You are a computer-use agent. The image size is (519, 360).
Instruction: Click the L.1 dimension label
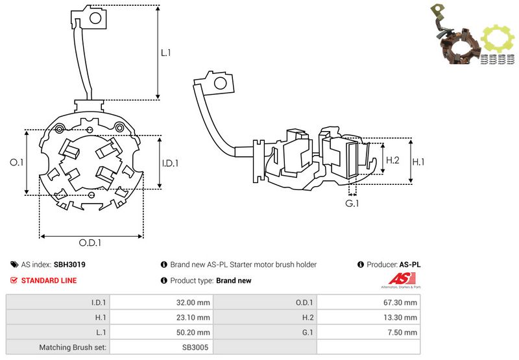(x=166, y=53)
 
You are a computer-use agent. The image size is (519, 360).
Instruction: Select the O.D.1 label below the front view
(x=91, y=243)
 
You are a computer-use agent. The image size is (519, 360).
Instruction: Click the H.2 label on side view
(x=392, y=160)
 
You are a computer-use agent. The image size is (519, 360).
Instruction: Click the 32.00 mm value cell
(x=194, y=302)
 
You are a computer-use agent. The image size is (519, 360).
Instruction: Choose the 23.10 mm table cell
(x=194, y=317)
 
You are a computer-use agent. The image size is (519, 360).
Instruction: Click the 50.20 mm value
(x=194, y=332)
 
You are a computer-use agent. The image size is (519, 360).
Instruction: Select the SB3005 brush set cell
(x=197, y=347)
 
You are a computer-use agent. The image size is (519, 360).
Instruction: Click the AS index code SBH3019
(x=70, y=265)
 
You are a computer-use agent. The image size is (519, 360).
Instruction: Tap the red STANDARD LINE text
(x=49, y=280)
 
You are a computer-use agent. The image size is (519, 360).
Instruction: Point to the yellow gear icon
(x=498, y=40)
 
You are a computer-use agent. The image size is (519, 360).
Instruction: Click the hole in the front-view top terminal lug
(x=93, y=18)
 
